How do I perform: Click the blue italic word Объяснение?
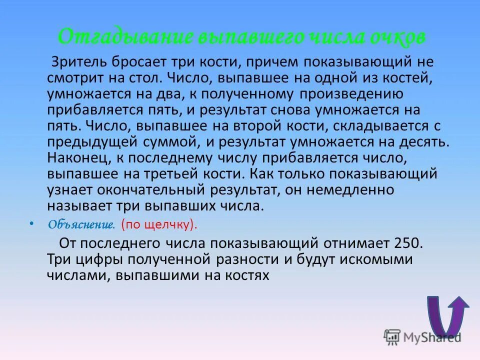tap(81, 225)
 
